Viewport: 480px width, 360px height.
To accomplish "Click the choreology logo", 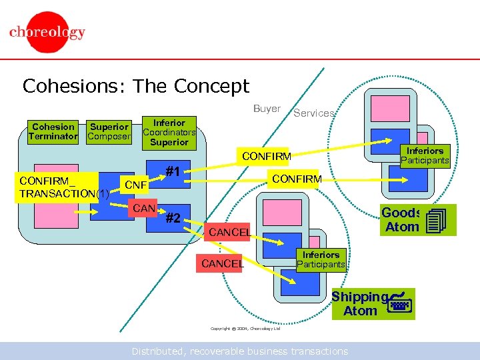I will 47,32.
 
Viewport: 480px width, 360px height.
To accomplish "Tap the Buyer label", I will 267,109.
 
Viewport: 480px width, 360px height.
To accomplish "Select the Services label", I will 313,113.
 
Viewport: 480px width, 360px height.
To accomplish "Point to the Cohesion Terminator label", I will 53,131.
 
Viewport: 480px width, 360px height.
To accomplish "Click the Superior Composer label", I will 109,131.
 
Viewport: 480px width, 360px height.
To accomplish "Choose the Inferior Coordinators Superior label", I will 169,132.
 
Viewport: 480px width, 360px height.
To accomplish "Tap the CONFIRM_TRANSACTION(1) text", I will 64,187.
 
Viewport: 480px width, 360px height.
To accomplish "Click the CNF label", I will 136,184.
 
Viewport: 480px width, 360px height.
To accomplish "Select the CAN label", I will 144,209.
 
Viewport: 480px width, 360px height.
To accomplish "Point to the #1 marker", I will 174,171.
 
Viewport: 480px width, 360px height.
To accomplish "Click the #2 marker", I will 174,217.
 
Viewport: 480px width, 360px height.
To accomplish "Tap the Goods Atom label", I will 401,220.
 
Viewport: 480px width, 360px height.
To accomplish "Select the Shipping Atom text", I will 360,304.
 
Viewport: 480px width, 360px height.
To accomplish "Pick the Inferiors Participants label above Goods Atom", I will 425,155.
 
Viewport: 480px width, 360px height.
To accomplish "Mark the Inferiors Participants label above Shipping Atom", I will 321,259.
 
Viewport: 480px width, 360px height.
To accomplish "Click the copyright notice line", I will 245,329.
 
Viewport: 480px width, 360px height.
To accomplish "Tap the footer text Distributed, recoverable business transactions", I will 239,351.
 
